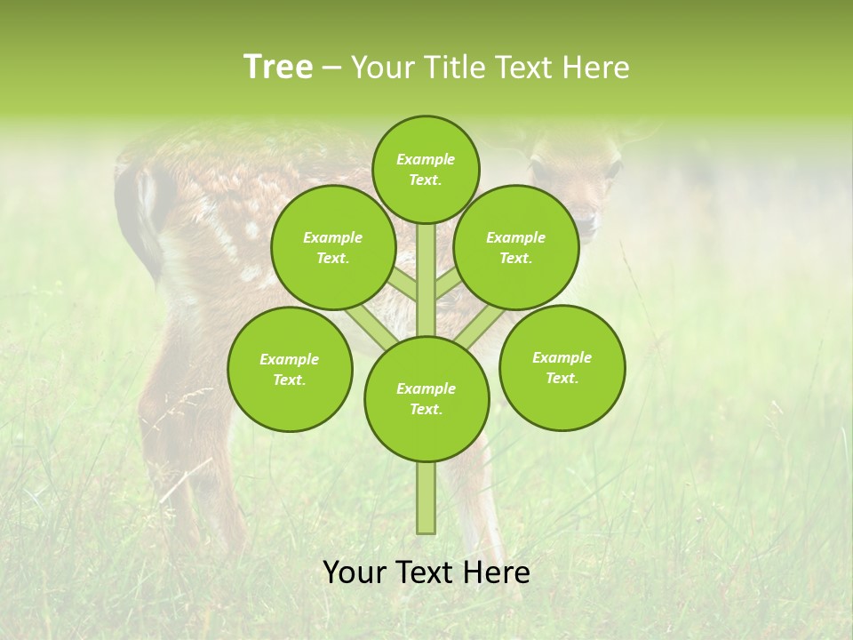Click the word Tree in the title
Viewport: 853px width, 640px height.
click(278, 68)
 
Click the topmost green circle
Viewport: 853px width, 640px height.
click(426, 169)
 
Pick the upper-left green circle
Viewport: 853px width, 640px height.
click(333, 247)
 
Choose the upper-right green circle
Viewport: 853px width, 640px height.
click(516, 247)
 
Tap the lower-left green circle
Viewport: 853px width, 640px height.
click(290, 369)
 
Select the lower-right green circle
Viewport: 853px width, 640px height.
click(562, 367)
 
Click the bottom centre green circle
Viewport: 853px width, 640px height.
click(426, 398)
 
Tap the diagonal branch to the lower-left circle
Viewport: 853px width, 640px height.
click(366, 326)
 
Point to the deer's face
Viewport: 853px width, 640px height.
click(578, 182)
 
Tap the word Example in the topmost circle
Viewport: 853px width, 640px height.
click(426, 159)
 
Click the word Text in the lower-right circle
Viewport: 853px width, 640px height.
click(562, 378)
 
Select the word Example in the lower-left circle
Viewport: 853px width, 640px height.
click(290, 359)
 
